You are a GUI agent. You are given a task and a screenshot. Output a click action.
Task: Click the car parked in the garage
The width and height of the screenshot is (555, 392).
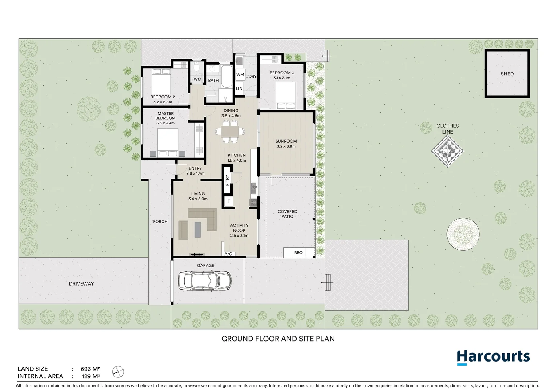tap(205, 281)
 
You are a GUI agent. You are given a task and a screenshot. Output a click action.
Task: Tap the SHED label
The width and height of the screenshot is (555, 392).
tap(507, 74)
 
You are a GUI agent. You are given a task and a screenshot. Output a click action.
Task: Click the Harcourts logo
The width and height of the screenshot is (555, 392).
tap(493, 357)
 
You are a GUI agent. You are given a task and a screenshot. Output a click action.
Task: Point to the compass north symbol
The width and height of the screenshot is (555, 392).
tap(118, 372)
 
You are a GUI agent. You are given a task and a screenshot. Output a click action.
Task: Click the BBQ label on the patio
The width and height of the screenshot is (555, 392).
tap(298, 253)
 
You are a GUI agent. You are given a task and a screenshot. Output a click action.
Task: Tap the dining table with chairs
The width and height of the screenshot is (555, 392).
tap(230, 131)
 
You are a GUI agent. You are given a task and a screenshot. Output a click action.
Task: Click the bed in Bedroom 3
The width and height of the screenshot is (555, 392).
tap(286, 95)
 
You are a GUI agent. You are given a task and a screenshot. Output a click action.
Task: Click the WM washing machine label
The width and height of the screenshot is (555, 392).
tap(240, 74)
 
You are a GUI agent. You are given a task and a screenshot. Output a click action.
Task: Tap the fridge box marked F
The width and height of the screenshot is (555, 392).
tap(229, 201)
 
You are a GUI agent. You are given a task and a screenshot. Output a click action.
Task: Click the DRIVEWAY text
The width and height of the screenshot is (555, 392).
tap(81, 284)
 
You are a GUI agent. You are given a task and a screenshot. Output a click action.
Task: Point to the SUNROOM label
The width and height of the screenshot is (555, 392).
tap(286, 141)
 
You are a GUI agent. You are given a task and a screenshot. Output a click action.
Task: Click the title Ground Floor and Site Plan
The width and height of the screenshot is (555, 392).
tap(278, 339)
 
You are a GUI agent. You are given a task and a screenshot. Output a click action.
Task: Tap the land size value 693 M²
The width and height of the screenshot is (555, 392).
tap(90, 369)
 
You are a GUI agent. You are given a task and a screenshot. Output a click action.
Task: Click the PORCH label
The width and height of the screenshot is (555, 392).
tap(160, 221)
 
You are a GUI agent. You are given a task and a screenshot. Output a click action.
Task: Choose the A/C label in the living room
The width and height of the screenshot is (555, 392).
tap(228, 254)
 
